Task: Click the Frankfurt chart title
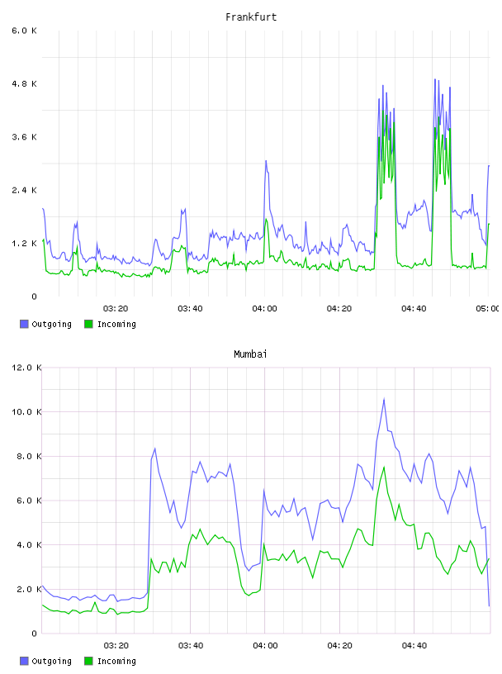251,17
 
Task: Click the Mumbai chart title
250,354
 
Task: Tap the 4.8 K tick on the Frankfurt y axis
25,83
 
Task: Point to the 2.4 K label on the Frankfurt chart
25,190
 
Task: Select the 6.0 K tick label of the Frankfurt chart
25,31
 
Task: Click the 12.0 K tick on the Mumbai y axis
26,368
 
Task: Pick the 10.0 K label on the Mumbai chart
26,412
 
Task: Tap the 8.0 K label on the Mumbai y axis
29,456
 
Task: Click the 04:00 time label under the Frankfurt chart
265,309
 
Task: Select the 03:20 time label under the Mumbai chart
116,646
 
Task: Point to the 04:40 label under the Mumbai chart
414,646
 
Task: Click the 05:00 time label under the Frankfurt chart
487,309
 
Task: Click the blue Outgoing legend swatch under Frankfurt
24,324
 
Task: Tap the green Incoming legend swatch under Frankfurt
88,324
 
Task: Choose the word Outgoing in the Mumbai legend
51,661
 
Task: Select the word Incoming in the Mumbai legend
116,661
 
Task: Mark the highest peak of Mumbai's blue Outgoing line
384,399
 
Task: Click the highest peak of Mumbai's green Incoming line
384,467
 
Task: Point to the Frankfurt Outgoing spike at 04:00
266,161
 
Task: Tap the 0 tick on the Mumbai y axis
35,634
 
